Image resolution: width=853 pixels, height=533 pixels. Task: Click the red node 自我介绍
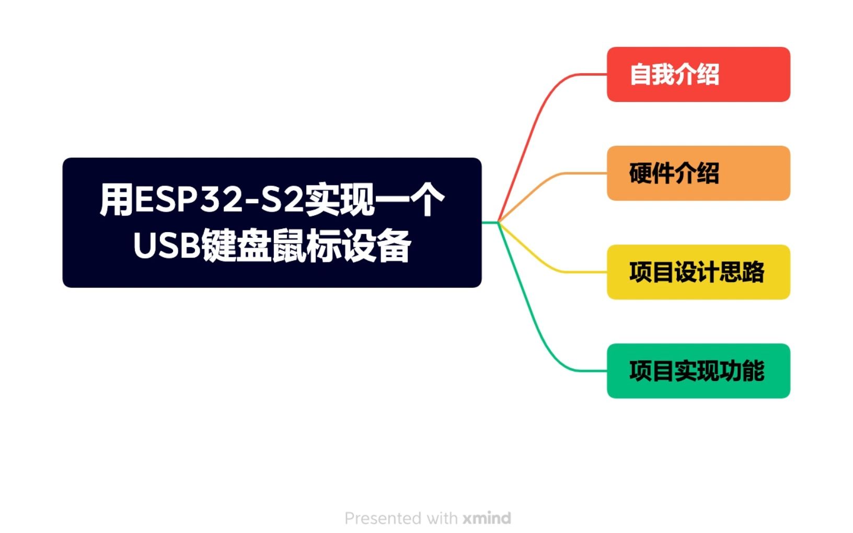698,74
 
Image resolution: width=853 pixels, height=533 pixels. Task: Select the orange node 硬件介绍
698,173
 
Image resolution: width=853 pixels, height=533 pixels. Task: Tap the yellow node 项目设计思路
698,272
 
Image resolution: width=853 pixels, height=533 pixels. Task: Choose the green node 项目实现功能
698,370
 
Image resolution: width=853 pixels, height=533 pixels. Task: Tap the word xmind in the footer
487,518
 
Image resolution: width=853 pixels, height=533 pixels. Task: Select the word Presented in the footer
383,518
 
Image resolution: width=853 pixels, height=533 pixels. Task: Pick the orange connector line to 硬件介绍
544,182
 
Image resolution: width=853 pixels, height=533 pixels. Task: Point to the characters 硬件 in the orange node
651,173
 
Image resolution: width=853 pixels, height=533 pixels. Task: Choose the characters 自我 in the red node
651,74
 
